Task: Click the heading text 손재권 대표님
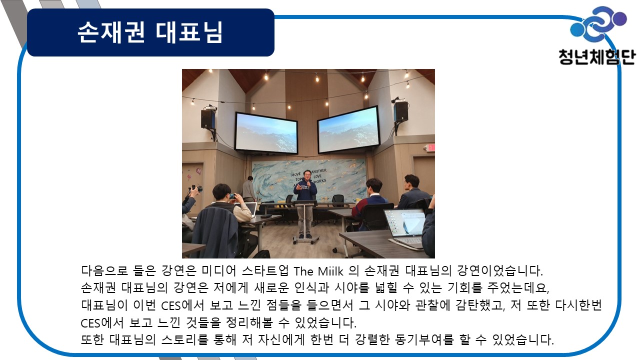click(x=150, y=32)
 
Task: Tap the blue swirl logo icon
click(x=598, y=24)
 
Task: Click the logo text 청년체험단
click(x=597, y=57)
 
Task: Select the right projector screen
click(x=348, y=129)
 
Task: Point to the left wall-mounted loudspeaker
click(x=208, y=118)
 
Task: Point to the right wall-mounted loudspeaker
click(x=400, y=111)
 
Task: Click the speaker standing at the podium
click(x=305, y=203)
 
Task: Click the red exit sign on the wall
click(x=430, y=147)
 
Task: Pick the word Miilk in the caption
click(x=330, y=271)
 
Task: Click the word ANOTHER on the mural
click(x=319, y=171)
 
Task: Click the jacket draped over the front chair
click(x=215, y=231)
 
